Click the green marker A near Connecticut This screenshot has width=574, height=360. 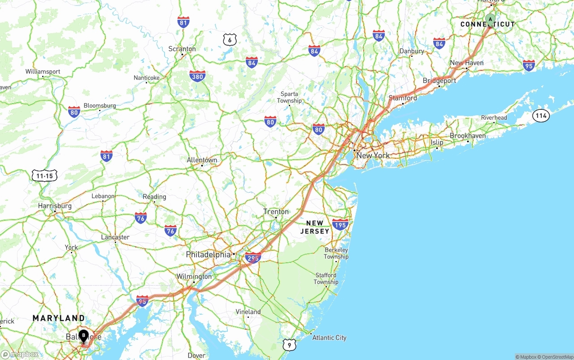490,20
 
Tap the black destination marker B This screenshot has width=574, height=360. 83,335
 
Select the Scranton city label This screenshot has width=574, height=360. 182,49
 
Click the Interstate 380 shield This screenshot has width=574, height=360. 197,76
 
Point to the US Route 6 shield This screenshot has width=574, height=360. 230,39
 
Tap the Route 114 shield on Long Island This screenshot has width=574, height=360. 541,116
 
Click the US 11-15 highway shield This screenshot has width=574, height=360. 44,176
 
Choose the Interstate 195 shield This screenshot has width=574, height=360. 340,224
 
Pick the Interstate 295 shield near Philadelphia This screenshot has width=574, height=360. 253,258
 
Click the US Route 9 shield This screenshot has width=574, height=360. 289,345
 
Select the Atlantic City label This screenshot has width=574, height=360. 329,338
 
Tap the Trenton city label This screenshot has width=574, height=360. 276,212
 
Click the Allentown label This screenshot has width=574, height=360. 202,160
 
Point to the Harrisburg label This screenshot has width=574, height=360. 55,206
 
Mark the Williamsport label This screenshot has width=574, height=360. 43,71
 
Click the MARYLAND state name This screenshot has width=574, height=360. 58,318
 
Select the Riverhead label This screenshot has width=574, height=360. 494,117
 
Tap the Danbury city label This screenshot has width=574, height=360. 412,51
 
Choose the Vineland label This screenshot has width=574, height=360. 248,312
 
